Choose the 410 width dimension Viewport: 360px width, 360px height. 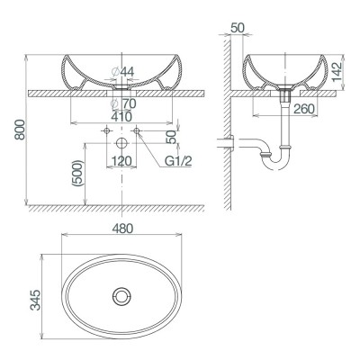pyautogui.click(x=122, y=116)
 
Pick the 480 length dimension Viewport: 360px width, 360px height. pyautogui.click(x=122, y=229)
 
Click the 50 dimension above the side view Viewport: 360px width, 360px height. pyautogui.click(x=238, y=28)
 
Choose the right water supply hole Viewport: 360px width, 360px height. pyautogui.click(x=137, y=132)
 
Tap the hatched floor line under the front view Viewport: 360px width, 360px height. pyautogui.click(x=117, y=208)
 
